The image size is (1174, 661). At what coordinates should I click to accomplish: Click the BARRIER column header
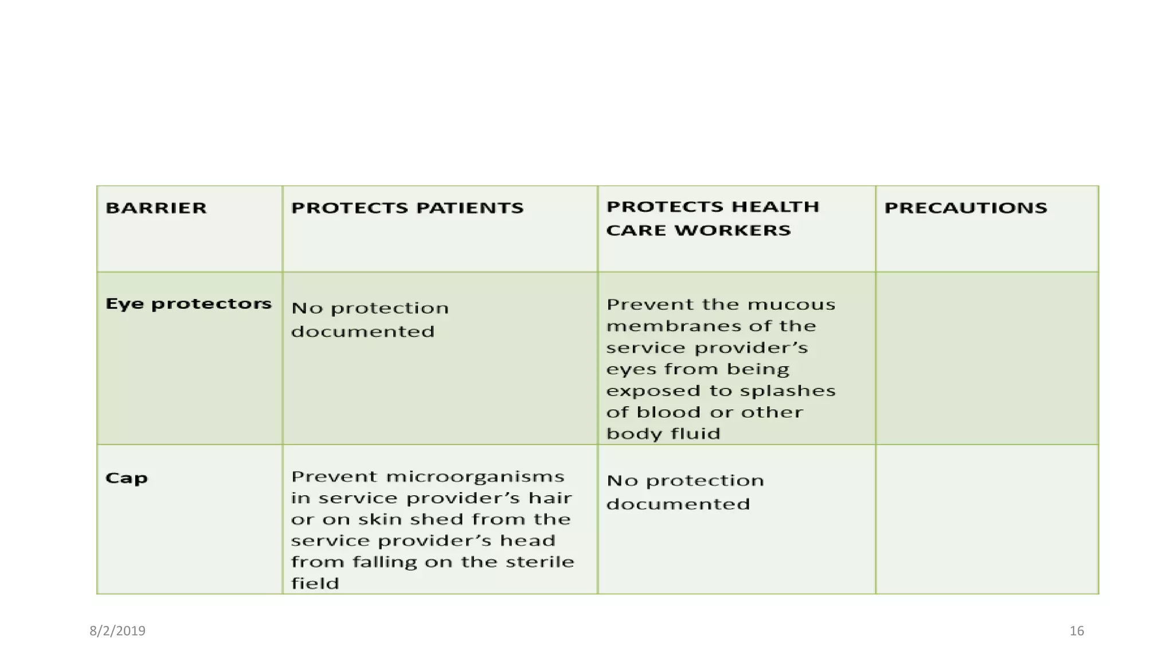(156, 208)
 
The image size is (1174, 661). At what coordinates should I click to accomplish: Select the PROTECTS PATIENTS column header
(407, 208)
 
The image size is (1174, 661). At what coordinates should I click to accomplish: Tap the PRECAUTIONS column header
(965, 208)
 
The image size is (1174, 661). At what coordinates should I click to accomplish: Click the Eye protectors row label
(188, 304)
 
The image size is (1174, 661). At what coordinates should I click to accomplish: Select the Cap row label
(126, 478)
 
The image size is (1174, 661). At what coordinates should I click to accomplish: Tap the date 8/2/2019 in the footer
(118, 631)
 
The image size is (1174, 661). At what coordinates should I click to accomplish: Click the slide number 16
(1077, 631)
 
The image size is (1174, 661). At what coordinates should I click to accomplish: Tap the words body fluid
(663, 434)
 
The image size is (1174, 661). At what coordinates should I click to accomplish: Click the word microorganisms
(475, 477)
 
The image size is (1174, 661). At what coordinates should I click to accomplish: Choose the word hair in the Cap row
(550, 498)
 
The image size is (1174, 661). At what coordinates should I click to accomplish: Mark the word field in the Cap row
(315, 584)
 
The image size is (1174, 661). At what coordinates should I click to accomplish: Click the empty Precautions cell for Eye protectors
(987, 358)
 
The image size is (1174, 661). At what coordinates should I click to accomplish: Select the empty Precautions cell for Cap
(987, 519)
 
